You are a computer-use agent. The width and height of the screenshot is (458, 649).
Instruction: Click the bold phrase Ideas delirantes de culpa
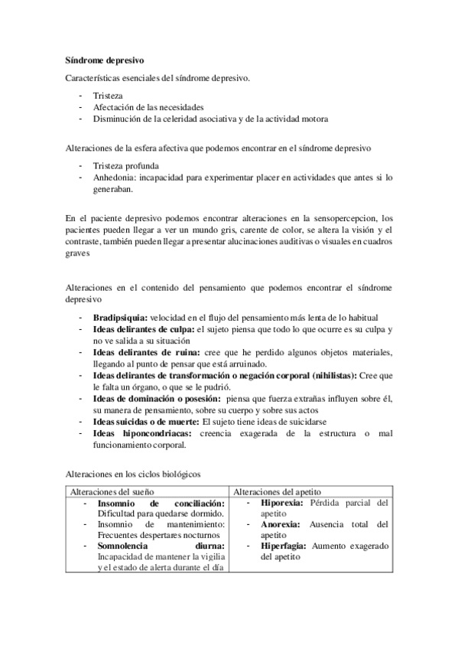point(143,328)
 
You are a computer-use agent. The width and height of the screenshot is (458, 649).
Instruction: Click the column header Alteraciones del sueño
point(112,491)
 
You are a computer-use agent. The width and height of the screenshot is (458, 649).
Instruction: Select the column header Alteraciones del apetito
point(277,491)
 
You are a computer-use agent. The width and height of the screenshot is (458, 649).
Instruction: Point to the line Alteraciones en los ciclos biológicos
point(134,474)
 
